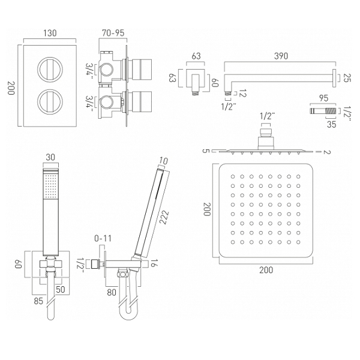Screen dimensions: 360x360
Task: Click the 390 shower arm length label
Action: click(281, 56)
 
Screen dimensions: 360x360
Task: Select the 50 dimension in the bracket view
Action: click(61, 290)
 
